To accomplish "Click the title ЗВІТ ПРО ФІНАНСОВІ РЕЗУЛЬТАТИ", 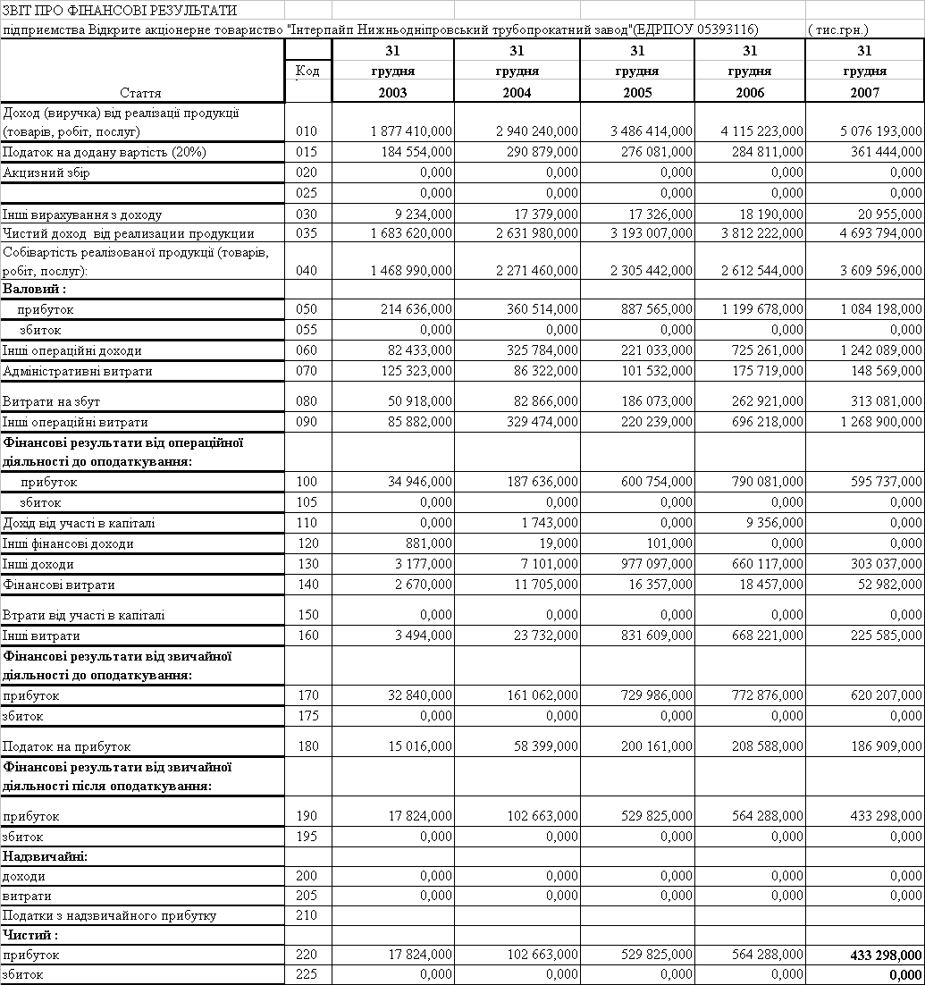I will click(120, 11).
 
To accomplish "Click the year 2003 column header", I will click(392, 92).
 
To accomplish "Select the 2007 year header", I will click(864, 92).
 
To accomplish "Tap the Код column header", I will click(307, 71).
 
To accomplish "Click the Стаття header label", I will click(140, 93).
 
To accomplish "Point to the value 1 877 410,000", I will click(411, 131).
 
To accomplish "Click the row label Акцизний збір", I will click(46, 173).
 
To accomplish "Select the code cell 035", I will click(307, 234).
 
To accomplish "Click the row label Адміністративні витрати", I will click(78, 371).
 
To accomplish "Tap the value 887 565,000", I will click(657, 309).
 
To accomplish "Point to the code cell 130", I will click(307, 564).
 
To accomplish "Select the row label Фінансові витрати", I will click(59, 585).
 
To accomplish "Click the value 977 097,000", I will click(657, 564).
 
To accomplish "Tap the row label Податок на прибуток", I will click(67, 746).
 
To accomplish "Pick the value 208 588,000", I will click(768, 746).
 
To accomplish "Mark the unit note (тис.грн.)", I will click(837, 29).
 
